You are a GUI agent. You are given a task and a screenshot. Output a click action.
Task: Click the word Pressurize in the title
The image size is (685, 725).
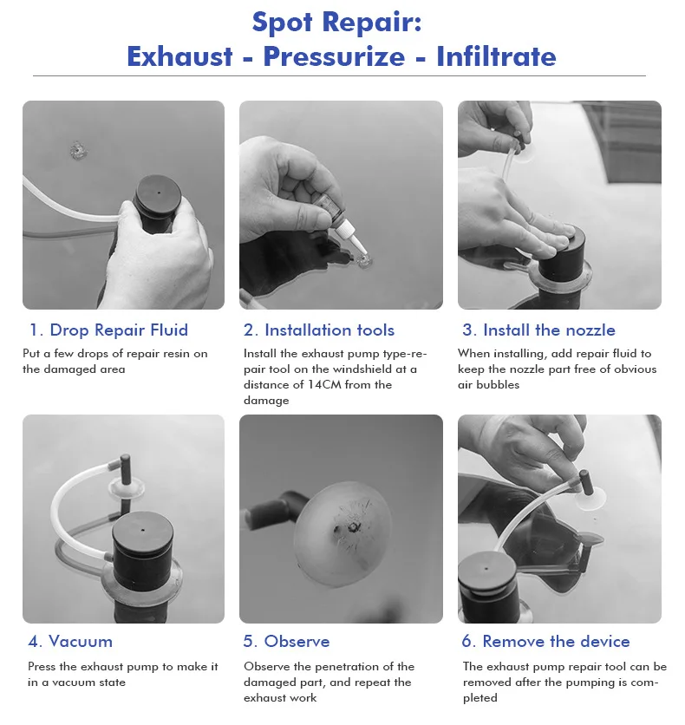[x=334, y=57]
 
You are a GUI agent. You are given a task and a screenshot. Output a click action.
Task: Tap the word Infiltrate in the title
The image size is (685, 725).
[x=496, y=56]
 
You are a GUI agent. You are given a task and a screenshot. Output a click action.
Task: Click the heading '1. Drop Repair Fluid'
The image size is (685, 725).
[x=108, y=330]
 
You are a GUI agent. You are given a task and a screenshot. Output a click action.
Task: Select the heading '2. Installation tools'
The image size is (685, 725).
[x=319, y=330]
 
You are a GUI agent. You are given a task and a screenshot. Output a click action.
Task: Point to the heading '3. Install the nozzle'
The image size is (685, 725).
[x=539, y=330]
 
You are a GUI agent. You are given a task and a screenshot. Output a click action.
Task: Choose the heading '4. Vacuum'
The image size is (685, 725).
[x=70, y=641]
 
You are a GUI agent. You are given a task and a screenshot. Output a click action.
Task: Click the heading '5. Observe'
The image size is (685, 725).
[x=286, y=641]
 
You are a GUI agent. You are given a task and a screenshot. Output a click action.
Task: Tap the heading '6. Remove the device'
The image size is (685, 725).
[x=546, y=641]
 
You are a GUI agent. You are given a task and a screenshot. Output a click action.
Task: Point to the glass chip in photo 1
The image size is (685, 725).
[x=78, y=151]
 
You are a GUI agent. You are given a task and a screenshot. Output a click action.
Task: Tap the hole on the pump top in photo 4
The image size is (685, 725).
[x=143, y=531]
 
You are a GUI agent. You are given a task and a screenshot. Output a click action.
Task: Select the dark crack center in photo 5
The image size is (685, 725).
[x=352, y=527]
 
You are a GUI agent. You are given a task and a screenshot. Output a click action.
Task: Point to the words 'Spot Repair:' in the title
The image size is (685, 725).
[x=337, y=22]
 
